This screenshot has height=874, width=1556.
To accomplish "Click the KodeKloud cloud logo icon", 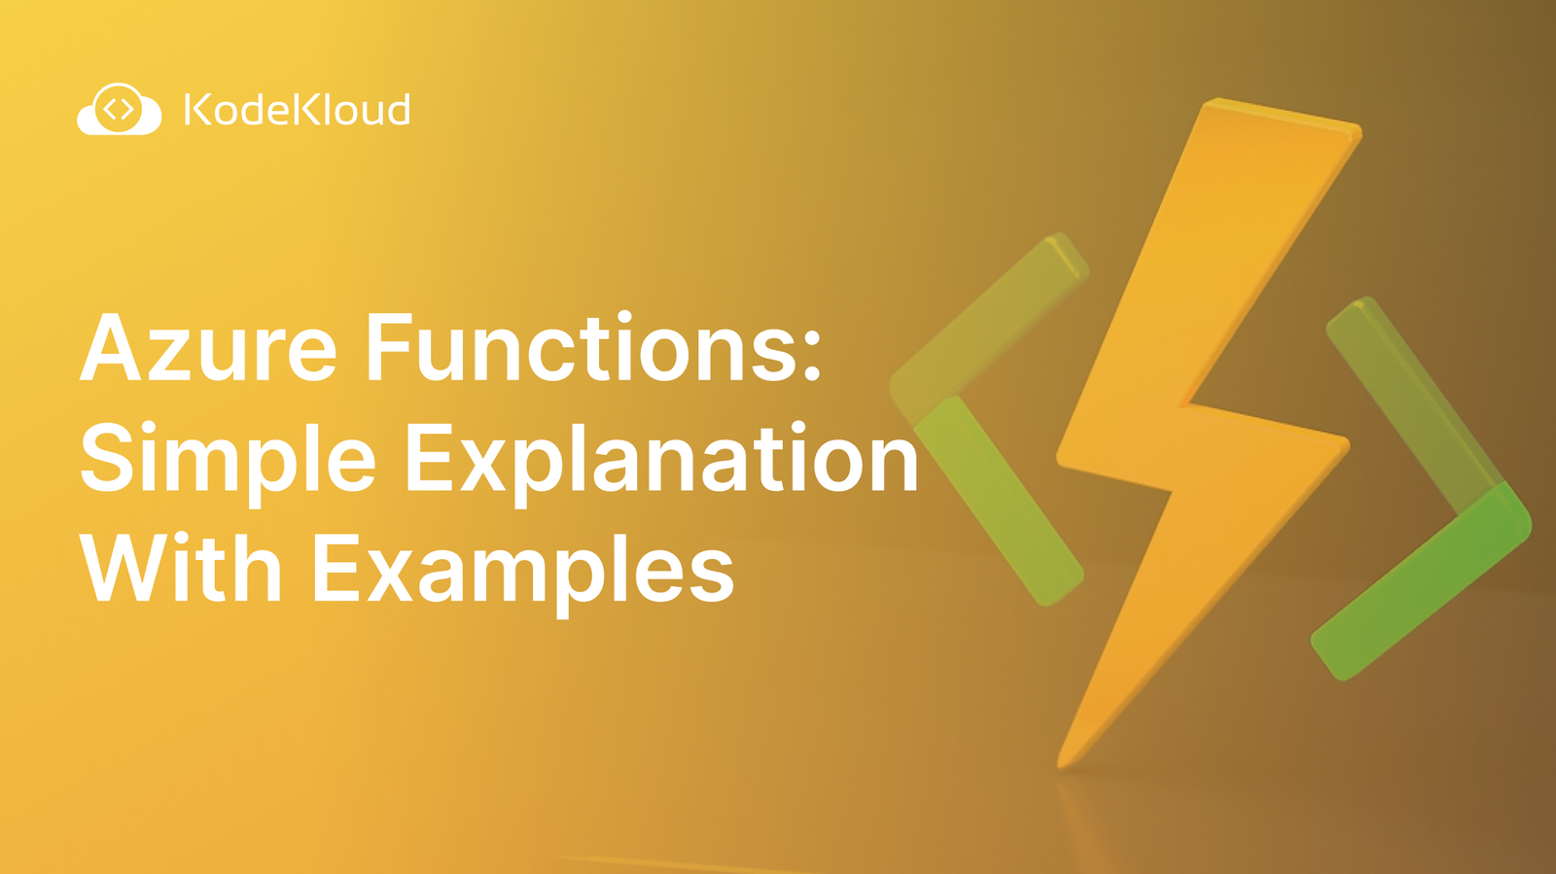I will (x=119, y=110).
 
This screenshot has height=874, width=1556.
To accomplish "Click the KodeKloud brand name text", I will (x=297, y=110).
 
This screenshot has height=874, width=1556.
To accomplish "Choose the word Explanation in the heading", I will (x=661, y=459).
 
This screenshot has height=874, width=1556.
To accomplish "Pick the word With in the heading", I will (x=181, y=569).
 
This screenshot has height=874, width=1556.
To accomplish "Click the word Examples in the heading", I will (x=522, y=571).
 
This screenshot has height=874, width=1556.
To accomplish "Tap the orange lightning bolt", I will (x=1206, y=428).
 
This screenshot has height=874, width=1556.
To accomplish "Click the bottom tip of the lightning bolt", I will (x=1065, y=758).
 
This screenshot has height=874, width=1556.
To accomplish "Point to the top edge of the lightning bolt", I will (x=1279, y=115).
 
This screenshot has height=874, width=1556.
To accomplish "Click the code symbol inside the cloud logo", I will (x=119, y=108).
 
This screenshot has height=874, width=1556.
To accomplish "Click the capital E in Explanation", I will (x=432, y=459).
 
